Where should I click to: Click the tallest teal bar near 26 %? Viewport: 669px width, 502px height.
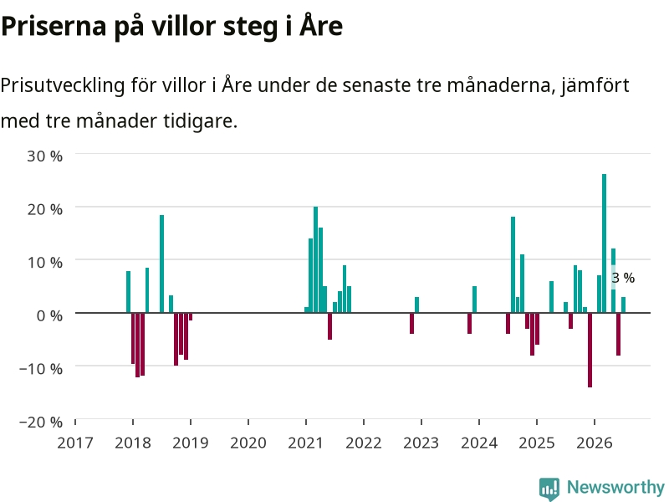[x=604, y=243]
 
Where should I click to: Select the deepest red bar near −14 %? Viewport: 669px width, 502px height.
[x=590, y=350]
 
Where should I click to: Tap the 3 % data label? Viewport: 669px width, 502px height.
[x=623, y=278]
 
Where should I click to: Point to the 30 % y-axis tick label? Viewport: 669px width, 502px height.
[x=45, y=156]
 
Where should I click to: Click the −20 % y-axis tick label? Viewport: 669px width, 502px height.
[x=41, y=422]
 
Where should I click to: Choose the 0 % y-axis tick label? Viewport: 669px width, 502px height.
[x=49, y=315]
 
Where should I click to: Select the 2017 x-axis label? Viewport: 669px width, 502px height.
[x=75, y=443]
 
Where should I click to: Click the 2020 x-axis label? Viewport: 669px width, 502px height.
[x=248, y=443]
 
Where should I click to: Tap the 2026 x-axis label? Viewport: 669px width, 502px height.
[x=595, y=443]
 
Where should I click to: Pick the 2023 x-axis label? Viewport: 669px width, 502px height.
[x=421, y=443]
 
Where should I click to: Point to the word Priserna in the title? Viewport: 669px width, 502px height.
[x=54, y=26]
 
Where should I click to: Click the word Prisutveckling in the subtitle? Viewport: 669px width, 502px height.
[x=62, y=85]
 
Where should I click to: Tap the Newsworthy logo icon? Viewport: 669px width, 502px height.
[x=549, y=489]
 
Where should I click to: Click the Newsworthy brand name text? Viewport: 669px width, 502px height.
[x=615, y=487]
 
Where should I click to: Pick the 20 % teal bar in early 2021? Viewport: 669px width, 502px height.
[x=316, y=259]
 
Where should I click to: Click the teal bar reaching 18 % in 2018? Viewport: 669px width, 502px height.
[x=161, y=264]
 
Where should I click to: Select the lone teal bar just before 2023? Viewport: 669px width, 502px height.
[x=416, y=305]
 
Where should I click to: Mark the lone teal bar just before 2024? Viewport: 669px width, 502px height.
[x=474, y=300]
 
